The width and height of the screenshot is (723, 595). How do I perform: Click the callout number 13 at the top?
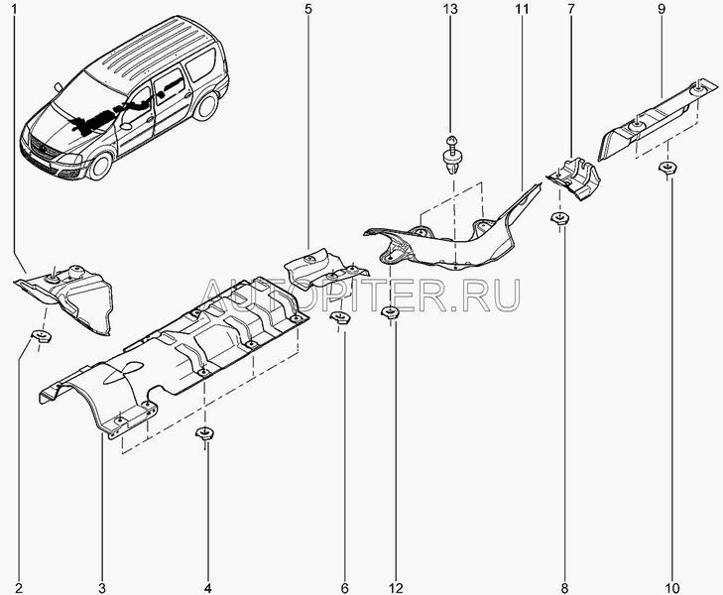click(450, 9)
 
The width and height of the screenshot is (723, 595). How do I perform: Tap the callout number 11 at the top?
click(522, 9)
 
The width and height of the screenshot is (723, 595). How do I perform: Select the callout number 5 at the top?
click(308, 9)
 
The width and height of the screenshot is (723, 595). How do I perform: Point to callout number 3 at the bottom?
click(102, 588)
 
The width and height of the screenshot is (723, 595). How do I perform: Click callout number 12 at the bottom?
click(396, 588)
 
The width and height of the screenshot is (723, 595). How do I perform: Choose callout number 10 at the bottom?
click(672, 588)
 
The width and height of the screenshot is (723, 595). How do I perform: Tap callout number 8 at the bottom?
click(565, 588)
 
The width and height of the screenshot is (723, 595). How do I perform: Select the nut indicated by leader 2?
click(41, 336)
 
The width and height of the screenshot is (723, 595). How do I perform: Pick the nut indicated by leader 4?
click(204, 433)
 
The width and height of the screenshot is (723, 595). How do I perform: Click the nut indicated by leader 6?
click(340, 317)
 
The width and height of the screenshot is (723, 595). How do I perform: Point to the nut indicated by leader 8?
click(559, 218)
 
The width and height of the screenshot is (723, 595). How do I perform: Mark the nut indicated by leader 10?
click(667, 169)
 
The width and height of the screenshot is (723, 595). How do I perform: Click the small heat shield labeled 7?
click(573, 178)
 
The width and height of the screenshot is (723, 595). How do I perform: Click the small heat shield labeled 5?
click(322, 270)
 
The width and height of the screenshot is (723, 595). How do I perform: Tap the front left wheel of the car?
click(99, 166)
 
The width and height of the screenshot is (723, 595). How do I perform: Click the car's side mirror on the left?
click(59, 86)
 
